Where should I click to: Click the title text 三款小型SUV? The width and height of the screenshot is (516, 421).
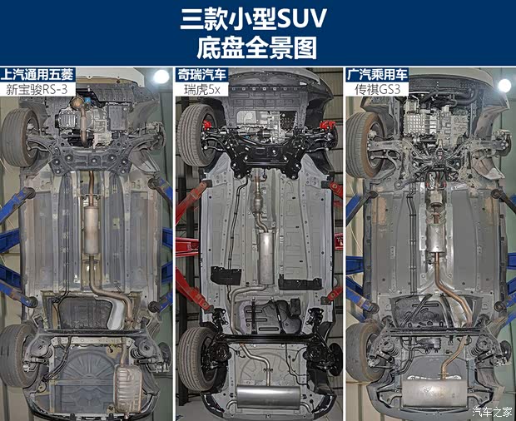[253, 19]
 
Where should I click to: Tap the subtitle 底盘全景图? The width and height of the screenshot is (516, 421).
[257, 48]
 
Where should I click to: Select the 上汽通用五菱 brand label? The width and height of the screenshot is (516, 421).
[37, 75]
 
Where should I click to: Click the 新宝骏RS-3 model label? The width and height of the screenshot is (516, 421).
[37, 89]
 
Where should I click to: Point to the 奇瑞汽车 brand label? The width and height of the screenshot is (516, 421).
[201, 75]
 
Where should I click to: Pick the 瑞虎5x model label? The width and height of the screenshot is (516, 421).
[201, 89]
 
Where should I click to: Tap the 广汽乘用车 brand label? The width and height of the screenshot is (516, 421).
[377, 75]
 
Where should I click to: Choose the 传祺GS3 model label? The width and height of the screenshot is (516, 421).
[378, 89]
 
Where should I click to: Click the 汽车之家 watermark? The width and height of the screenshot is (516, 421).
[493, 412]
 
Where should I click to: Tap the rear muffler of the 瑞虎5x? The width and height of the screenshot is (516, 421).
[268, 397]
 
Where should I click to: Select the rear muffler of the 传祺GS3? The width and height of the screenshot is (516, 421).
[434, 393]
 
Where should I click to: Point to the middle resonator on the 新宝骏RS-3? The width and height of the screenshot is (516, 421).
[92, 230]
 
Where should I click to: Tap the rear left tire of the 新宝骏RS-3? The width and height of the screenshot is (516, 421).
[14, 355]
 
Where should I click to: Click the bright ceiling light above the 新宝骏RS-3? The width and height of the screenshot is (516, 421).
[161, 77]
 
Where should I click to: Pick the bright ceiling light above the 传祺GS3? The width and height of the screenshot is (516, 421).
[504, 86]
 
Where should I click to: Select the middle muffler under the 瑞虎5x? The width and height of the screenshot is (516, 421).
[266, 258]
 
